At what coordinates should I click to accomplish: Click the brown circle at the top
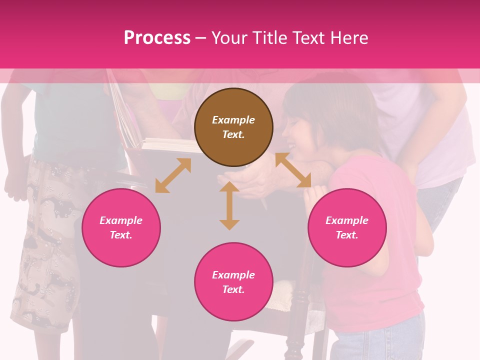(233, 127)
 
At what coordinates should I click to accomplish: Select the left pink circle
(121, 227)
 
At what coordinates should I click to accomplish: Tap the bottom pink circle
(233, 282)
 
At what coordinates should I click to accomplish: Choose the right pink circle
(347, 227)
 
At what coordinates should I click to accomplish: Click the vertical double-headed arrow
(229, 205)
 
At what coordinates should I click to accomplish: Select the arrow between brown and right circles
(293, 170)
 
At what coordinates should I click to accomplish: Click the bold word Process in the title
(157, 37)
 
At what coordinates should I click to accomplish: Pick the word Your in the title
(228, 37)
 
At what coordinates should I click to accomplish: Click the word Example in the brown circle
(233, 120)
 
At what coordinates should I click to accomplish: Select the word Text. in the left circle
(121, 235)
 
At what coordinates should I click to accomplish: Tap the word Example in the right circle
(347, 220)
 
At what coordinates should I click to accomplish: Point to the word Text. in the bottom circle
(233, 289)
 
